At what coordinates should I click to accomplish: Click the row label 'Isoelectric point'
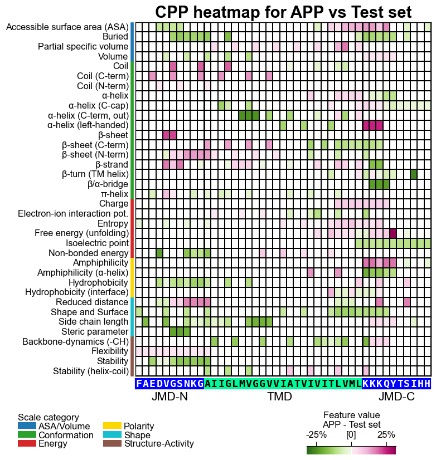coord(97,243)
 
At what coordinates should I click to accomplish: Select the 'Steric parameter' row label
coord(95,332)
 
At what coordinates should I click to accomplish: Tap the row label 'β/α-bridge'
coord(108,184)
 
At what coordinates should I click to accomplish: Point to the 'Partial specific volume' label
coord(83,47)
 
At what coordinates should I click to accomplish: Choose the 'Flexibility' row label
coord(110,351)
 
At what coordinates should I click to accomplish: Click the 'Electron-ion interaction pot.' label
coord(73,214)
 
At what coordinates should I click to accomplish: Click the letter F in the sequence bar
coord(139,384)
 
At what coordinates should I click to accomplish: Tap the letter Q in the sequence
coord(386,384)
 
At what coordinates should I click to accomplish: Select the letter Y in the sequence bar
coord(393,384)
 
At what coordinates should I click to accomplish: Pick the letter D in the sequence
coord(159,384)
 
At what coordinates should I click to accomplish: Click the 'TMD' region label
coord(279,397)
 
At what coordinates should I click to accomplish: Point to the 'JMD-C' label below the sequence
coord(396,397)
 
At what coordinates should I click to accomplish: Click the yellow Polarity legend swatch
coord(112,425)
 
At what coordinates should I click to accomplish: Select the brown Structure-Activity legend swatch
coord(112,443)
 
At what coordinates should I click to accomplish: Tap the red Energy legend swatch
coord(27,443)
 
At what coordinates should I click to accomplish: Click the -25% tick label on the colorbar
coord(316,434)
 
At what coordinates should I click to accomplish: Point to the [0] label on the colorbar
coord(351,434)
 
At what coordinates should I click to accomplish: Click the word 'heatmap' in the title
coord(226,12)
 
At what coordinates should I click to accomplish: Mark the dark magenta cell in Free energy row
coord(393,233)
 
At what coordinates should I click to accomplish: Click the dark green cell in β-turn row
coord(414,174)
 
